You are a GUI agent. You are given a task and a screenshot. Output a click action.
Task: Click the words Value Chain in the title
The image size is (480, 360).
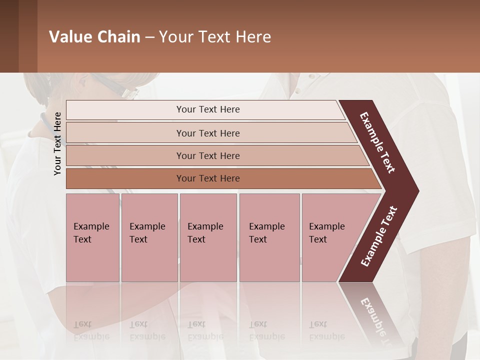point(94,37)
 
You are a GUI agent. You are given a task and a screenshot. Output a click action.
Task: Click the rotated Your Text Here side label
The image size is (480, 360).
point(57,143)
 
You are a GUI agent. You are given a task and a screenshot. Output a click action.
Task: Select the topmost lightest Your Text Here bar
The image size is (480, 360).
point(207,109)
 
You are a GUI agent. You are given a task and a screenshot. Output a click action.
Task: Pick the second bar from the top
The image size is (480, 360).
point(207,133)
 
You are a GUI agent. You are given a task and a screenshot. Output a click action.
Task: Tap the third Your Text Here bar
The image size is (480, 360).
point(207,155)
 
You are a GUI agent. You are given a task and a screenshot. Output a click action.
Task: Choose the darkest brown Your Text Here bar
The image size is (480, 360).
point(207,178)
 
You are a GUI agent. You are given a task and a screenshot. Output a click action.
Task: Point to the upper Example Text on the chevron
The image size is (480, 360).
point(377,142)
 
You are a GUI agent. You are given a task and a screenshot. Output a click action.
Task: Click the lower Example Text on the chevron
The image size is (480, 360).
point(378,236)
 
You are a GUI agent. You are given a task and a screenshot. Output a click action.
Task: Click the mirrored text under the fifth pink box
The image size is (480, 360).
point(326,330)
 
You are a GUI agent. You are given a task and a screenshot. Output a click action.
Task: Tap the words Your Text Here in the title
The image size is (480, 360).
point(215,37)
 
